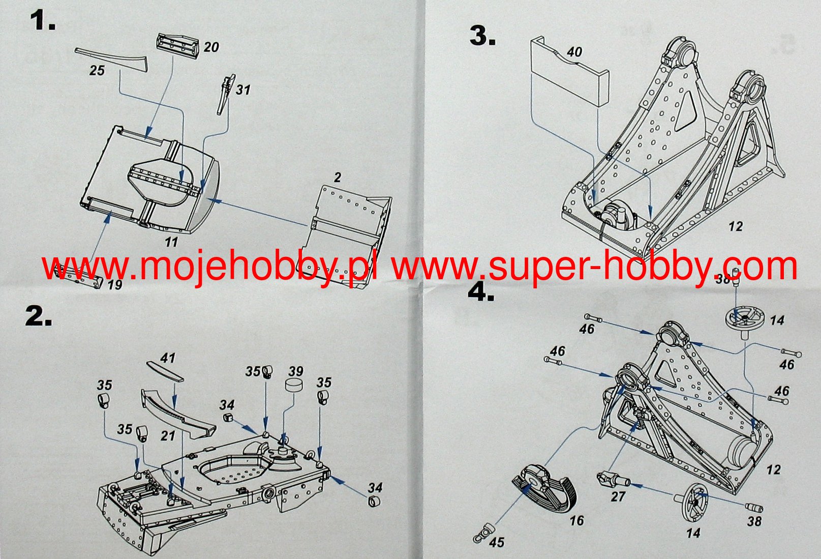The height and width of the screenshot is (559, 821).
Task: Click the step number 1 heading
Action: (42, 22)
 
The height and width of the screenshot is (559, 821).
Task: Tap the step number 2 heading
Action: (39, 316)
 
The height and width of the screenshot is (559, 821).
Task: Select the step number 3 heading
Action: (482, 36)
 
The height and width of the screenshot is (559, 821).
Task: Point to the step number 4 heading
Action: (481, 292)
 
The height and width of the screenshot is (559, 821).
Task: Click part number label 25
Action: (97, 70)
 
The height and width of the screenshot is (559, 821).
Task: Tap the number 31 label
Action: (243, 90)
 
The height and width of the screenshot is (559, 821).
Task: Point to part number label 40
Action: (574, 52)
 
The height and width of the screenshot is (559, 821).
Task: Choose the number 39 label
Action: (295, 371)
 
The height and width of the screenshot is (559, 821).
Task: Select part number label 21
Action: (168, 436)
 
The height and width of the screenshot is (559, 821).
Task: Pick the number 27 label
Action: (618, 496)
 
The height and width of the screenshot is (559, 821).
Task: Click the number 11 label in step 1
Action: (171, 242)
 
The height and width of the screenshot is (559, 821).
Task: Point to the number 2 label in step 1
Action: (338, 178)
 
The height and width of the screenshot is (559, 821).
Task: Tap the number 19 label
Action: (115, 284)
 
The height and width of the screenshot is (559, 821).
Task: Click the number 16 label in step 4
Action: (576, 520)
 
